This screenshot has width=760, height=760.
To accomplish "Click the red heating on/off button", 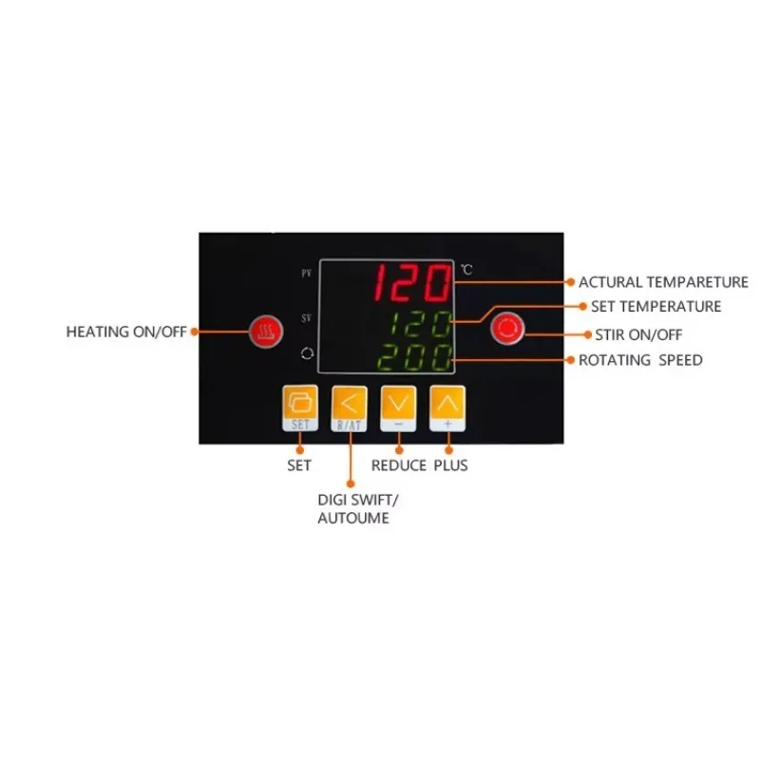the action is pos(266,332).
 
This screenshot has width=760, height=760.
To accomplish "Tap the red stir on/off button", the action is pos(507,328).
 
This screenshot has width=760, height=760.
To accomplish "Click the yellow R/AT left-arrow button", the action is pos(349,408).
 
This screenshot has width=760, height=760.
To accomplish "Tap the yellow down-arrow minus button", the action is pos(398,408).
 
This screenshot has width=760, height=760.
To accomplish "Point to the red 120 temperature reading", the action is pos(412,282).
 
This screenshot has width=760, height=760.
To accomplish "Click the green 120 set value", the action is pos(421,324).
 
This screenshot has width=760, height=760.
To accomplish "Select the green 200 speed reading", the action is pos(414,357).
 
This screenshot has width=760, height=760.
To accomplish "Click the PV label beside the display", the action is pos(306,274).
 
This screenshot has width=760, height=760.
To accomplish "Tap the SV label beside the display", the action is pos(306,318).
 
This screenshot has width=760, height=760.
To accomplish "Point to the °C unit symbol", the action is pos(466,270).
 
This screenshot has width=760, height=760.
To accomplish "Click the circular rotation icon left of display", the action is pos(307,353).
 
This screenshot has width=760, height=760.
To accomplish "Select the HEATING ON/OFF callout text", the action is pos(126,332).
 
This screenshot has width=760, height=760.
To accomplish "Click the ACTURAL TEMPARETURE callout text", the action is pos(663,282).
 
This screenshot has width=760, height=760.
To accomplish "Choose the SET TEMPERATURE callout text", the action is pos(655,306).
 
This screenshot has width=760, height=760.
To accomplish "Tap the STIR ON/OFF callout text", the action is pos(638,335).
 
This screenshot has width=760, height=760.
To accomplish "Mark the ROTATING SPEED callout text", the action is pos(640,360).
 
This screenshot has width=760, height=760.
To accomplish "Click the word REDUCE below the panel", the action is pos(398,465).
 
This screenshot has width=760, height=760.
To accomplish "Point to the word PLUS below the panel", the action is pos(450,465).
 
